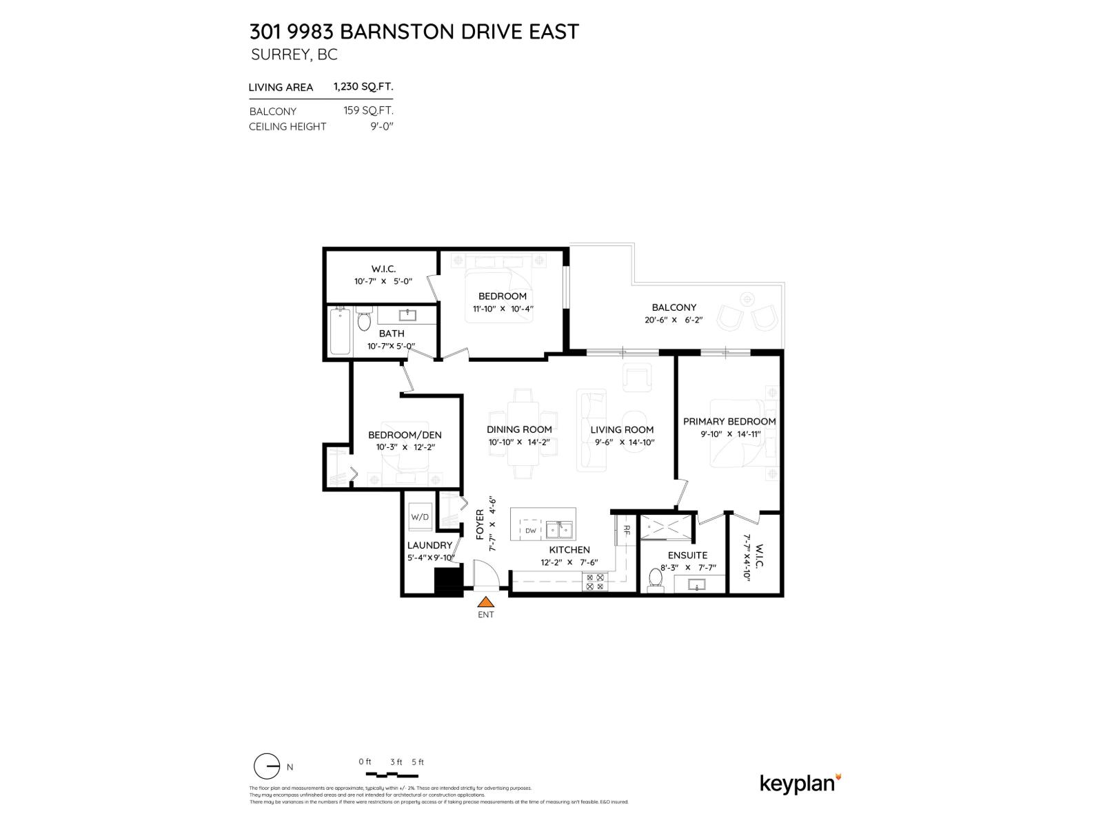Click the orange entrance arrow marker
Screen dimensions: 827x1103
coord(487,602)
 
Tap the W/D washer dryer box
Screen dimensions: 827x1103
coord(420,517)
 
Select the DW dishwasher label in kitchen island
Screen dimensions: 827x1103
coord(530,531)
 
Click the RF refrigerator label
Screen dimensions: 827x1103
coord(627,530)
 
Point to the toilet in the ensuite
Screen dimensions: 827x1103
coord(654,580)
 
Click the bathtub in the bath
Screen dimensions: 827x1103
coord(339,333)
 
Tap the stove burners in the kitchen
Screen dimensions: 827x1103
coord(594,582)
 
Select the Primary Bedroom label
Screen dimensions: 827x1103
coord(729,421)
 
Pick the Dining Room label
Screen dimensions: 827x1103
coord(519,429)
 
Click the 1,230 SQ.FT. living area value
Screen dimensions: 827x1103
coord(363,87)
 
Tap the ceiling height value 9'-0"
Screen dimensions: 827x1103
coord(381,126)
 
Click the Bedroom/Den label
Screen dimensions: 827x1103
coord(405,435)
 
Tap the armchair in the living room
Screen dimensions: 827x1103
coord(638,378)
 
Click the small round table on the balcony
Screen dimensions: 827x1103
coord(747,300)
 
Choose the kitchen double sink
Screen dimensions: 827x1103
coord(559,529)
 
